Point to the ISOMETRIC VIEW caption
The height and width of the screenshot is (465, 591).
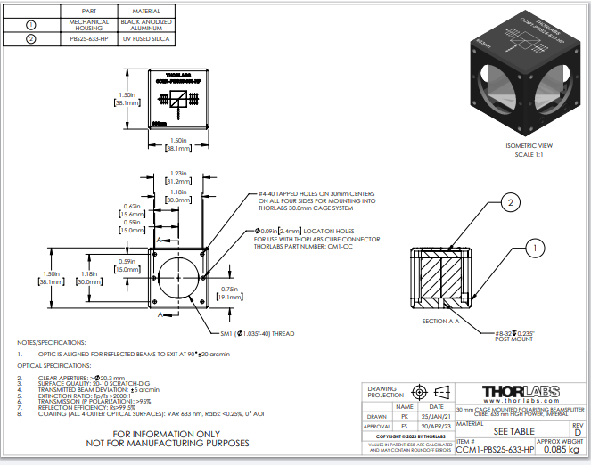[x=529, y=145]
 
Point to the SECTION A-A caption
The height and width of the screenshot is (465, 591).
[x=440, y=320]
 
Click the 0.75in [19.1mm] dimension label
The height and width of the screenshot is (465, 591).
[x=230, y=293]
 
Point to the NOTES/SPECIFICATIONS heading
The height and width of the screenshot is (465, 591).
[x=53, y=342]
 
